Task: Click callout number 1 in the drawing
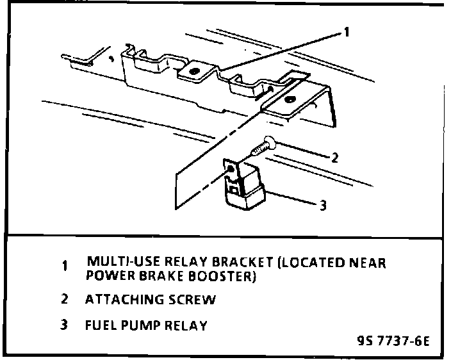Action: pos(346,33)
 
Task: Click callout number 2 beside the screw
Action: pos(334,156)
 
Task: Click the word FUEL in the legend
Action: pos(99,325)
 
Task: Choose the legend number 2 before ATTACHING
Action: pos(64,299)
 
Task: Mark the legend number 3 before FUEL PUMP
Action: pos(64,325)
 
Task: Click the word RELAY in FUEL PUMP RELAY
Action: pos(185,325)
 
